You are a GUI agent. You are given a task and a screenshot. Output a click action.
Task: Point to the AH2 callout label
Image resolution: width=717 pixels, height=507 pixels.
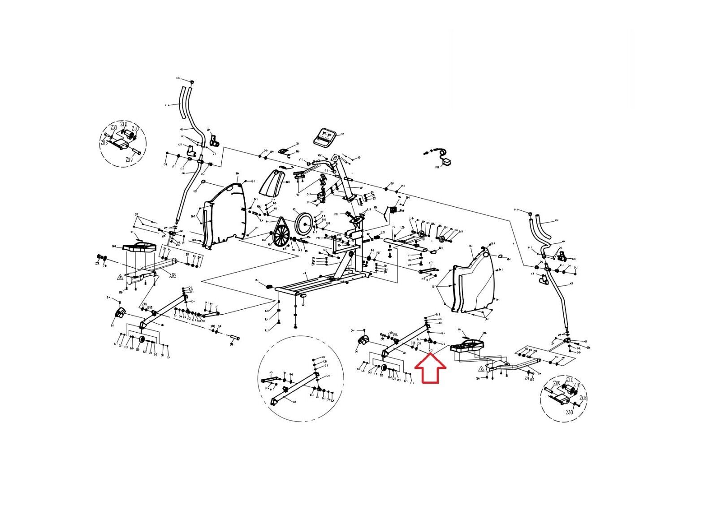tap(173, 276)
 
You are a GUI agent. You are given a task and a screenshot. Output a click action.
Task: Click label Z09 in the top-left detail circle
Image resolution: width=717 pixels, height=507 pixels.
tap(129, 160)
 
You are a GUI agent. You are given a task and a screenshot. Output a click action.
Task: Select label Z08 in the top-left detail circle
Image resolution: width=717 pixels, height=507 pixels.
tap(104, 143)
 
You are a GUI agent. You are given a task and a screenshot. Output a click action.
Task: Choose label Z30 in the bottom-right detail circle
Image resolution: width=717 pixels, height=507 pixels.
tap(569, 412)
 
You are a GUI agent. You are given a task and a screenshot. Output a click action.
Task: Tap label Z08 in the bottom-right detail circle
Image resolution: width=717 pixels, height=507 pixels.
tap(583, 398)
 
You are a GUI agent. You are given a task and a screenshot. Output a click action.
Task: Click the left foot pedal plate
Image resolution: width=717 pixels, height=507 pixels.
tap(139, 248)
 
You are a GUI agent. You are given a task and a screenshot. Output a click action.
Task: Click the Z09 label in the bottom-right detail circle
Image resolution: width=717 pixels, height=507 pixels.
tap(557, 384)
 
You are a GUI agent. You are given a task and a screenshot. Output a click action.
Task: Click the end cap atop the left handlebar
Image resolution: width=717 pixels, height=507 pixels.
tap(192, 82)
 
